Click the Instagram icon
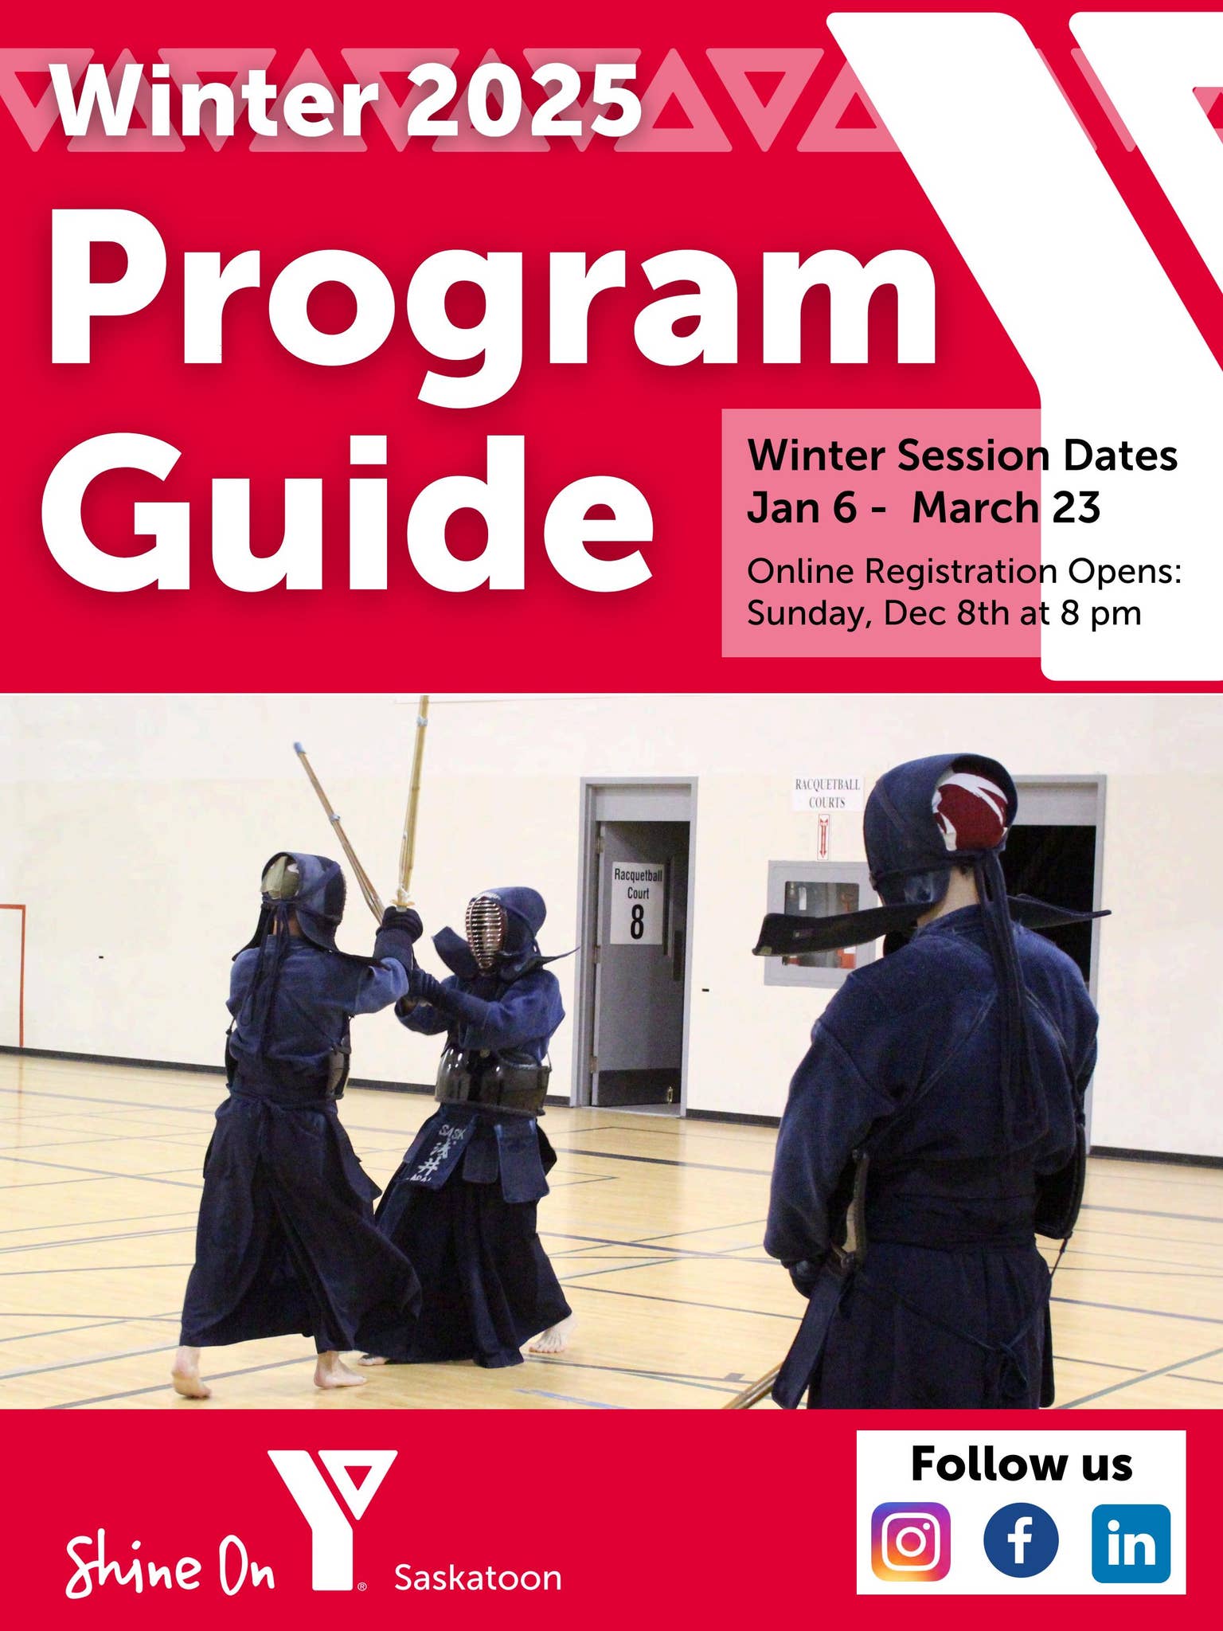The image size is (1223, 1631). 911,1541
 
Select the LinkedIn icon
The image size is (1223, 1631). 1131,1543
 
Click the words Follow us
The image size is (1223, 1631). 1021,1464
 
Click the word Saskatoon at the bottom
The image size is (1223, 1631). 478,1578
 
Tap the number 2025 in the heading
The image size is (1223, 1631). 523,101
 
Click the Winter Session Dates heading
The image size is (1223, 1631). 962,456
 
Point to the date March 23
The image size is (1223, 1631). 1006,507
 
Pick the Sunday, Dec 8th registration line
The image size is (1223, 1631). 944,613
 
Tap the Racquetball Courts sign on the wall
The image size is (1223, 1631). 826,794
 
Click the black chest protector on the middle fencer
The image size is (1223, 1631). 492,1079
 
